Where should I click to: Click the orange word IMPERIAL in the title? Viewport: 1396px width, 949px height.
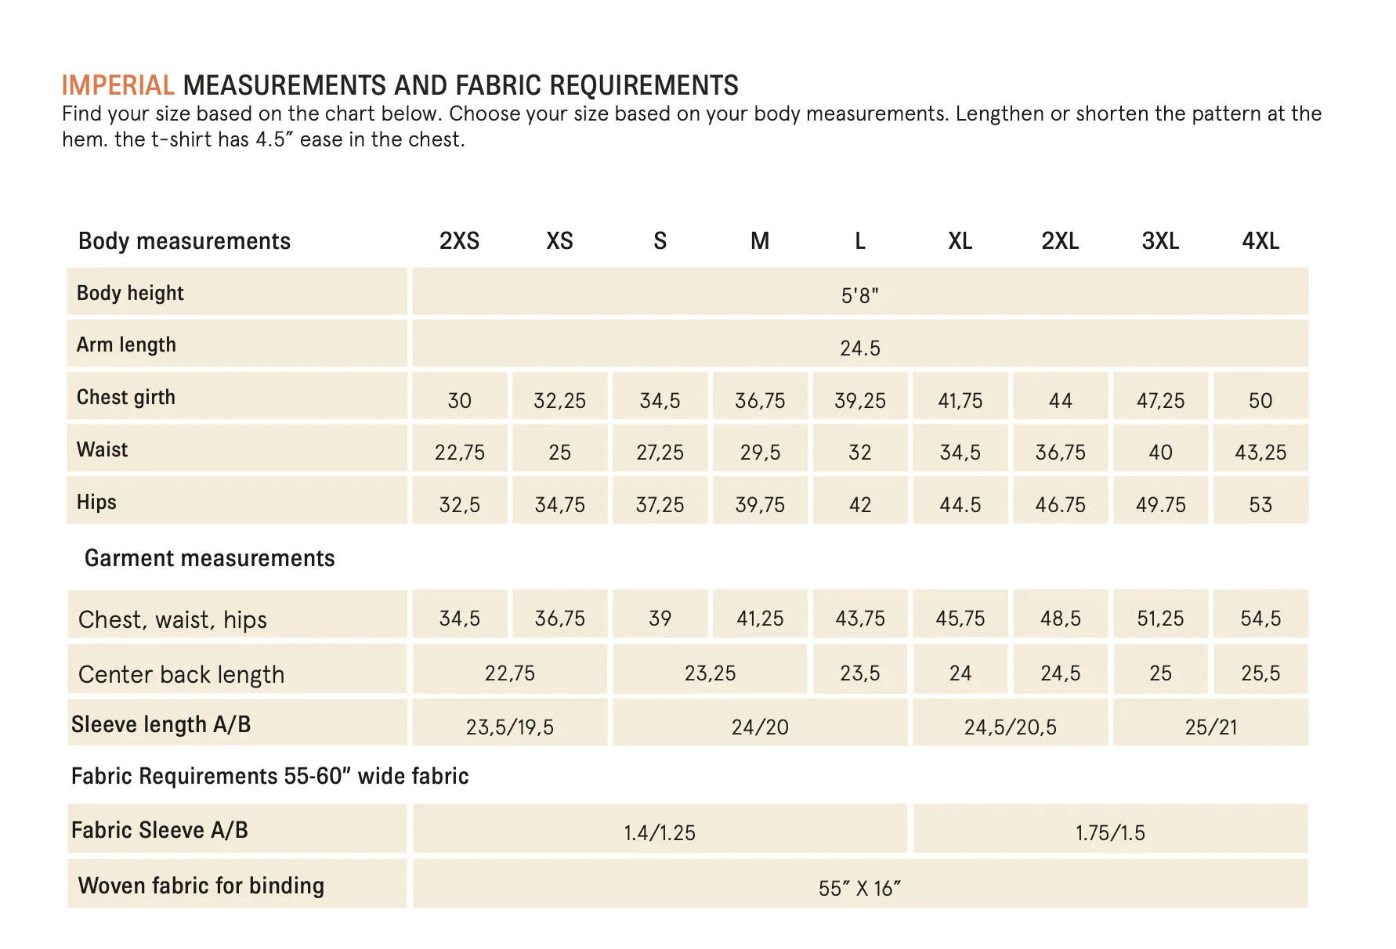pyautogui.click(x=118, y=85)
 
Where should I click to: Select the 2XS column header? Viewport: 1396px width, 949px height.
pyautogui.click(x=460, y=240)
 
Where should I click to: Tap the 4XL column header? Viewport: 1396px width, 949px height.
pyautogui.click(x=1260, y=240)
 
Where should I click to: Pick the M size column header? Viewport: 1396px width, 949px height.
pyautogui.click(x=760, y=240)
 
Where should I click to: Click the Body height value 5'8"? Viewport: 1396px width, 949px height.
pyautogui.click(x=860, y=295)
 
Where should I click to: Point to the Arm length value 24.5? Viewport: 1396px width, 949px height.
pyautogui.click(x=860, y=348)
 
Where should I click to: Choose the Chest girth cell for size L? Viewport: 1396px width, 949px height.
pyautogui.click(x=860, y=400)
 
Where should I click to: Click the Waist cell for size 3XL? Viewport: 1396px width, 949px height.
pyautogui.click(x=1160, y=452)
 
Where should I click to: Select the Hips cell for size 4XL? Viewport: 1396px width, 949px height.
pyautogui.click(x=1260, y=504)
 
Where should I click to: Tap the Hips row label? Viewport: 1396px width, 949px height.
pyautogui.click(x=96, y=502)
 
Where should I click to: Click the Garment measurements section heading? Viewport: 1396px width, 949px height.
pyautogui.click(x=210, y=557)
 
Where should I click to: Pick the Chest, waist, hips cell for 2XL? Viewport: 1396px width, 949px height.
pyautogui.click(x=1061, y=618)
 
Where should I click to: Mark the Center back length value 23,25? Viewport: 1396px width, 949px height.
pyautogui.click(x=711, y=673)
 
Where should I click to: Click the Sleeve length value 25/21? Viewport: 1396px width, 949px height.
pyautogui.click(x=1211, y=727)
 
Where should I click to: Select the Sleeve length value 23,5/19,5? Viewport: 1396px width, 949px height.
pyautogui.click(x=510, y=727)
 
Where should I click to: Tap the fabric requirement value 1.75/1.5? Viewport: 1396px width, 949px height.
pyautogui.click(x=1110, y=832)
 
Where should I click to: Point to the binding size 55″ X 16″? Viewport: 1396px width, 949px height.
pyautogui.click(x=860, y=888)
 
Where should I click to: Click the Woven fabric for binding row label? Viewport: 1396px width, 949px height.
pyautogui.click(x=201, y=885)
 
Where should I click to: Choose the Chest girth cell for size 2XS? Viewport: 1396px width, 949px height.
pyautogui.click(x=460, y=400)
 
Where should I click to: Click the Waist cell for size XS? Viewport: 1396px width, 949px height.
pyautogui.click(x=559, y=452)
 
